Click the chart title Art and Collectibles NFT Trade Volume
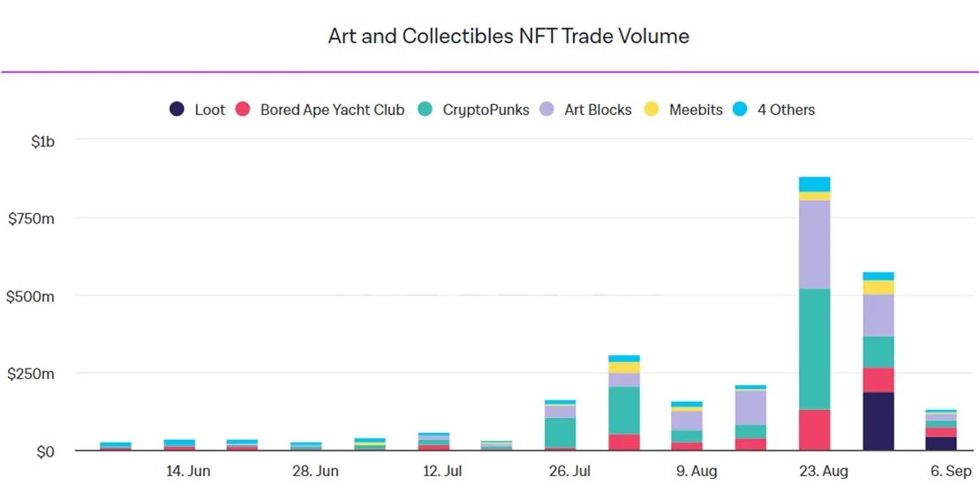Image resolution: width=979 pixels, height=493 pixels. (x=508, y=36)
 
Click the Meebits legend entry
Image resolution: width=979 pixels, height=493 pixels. (x=684, y=110)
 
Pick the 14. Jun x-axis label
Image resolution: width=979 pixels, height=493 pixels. (x=188, y=471)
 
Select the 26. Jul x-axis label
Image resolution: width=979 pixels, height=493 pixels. (x=569, y=471)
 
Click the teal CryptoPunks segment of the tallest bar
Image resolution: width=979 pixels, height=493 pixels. (x=815, y=349)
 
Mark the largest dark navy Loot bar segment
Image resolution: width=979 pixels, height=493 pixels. (x=878, y=421)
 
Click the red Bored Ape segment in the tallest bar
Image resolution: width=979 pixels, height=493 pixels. (x=815, y=430)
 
